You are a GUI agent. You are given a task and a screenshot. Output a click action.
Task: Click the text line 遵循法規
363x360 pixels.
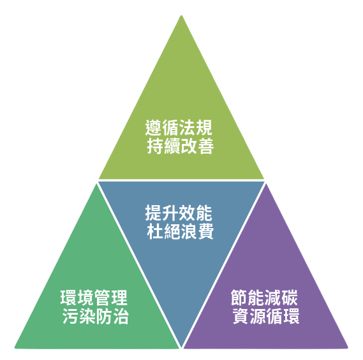179,127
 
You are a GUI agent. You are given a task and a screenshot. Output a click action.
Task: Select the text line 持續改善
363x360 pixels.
181,146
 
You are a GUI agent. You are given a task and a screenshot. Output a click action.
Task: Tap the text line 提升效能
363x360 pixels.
179,213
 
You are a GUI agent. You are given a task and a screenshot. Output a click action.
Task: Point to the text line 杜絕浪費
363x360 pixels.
181,231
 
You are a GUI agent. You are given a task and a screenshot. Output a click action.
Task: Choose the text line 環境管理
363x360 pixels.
94,298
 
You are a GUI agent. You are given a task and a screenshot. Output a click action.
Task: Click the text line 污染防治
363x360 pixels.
96,316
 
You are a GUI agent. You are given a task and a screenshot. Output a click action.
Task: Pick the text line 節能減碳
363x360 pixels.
264,298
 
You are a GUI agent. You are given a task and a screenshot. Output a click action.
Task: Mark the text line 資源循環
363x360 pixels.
266,316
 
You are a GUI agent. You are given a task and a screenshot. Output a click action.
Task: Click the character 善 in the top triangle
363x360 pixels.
205,146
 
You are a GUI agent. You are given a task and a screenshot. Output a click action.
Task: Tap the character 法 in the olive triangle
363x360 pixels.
187,127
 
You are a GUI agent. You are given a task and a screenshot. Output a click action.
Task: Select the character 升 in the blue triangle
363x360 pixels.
170,213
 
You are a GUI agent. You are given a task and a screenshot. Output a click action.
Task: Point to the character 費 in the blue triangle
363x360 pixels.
205,231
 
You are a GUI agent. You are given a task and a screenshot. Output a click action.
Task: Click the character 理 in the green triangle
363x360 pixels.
119,298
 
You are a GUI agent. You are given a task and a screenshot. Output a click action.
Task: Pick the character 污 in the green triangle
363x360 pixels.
70,316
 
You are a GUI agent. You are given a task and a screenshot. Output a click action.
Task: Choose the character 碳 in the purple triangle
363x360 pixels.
290,298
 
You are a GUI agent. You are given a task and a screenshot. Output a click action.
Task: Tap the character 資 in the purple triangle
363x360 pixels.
241,316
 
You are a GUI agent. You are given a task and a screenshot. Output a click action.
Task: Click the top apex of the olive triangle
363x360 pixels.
181,15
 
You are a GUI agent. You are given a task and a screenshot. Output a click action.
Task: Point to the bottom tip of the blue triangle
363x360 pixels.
182,347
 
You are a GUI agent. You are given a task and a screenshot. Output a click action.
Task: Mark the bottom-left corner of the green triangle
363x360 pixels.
15,348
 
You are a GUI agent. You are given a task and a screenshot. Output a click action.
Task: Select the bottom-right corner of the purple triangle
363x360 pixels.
348,348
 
